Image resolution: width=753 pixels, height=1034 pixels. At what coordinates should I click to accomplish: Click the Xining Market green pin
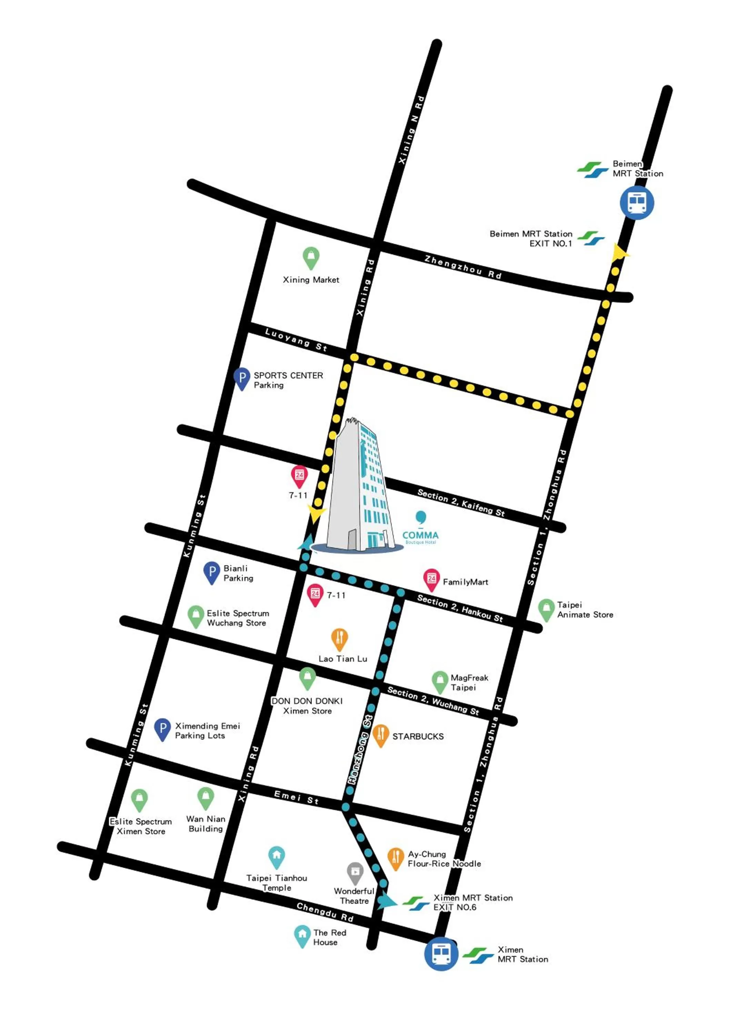(311, 257)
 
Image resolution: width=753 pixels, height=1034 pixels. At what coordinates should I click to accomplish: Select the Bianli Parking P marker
(212, 572)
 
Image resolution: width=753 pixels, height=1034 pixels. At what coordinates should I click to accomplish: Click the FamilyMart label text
(465, 582)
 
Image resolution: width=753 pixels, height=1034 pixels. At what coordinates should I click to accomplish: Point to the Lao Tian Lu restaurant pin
(339, 639)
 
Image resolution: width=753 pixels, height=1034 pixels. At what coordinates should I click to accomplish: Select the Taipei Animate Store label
(585, 610)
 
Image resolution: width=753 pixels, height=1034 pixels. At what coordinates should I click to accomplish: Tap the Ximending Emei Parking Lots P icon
(162, 729)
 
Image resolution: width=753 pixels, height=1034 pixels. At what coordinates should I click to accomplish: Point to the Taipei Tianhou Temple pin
(277, 857)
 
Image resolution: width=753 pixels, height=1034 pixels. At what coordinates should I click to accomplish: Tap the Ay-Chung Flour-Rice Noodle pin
(395, 858)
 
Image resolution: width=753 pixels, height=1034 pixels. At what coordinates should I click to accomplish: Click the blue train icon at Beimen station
(637, 202)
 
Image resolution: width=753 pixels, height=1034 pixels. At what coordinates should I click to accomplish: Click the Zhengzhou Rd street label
(463, 267)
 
